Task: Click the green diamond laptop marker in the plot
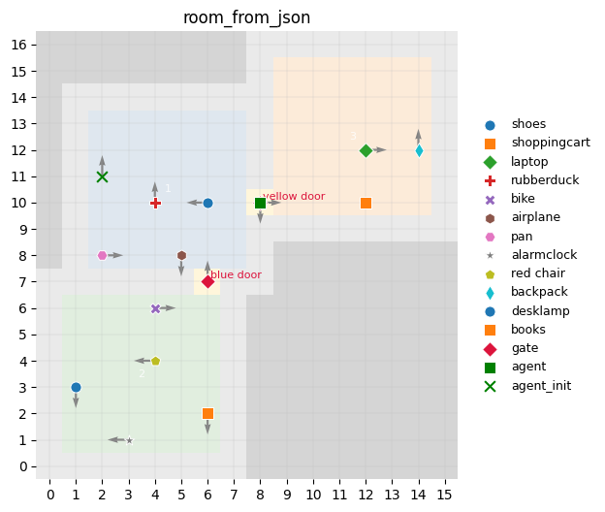click(366, 150)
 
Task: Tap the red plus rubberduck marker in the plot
click(155, 203)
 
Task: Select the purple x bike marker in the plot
click(155, 308)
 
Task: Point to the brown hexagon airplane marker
click(181, 256)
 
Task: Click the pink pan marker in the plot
click(103, 256)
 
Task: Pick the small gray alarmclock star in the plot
click(129, 440)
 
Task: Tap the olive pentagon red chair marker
click(155, 361)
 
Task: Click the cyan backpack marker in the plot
click(419, 150)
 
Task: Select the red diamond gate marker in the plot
click(207, 282)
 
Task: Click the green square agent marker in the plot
click(260, 203)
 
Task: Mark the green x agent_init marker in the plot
click(103, 176)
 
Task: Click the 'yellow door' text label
click(294, 197)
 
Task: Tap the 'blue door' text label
click(236, 275)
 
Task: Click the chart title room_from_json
click(246, 17)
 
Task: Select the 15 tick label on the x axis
click(445, 495)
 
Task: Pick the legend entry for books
click(528, 330)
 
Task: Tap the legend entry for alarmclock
click(544, 255)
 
